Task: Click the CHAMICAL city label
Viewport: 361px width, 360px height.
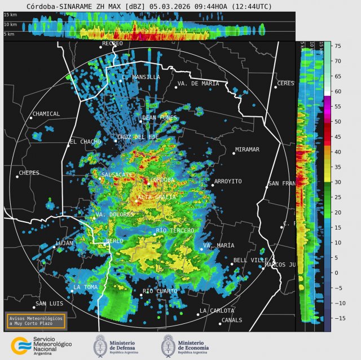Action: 47,114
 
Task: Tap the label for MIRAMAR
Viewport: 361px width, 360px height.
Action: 247,150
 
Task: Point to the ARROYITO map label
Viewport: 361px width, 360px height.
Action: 228,182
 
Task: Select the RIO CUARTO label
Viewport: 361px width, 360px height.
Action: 160,291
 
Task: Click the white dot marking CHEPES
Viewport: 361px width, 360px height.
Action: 17,176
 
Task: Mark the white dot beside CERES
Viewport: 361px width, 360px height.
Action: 276,86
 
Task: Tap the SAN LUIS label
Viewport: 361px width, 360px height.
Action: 49,304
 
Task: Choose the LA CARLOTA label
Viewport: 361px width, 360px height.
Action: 217,311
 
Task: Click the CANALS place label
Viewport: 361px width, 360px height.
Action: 232,320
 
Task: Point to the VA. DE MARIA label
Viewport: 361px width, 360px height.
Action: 198,84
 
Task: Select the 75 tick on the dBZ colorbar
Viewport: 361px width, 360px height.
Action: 337,46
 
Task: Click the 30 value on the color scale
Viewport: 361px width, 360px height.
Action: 337,182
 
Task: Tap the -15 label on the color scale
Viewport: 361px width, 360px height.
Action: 338,318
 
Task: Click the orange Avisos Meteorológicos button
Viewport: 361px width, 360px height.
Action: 36,320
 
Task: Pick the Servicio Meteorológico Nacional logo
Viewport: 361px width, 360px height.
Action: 21,345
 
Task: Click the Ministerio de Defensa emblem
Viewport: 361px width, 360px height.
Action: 101,345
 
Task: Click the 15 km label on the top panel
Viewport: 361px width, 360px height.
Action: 10,14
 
